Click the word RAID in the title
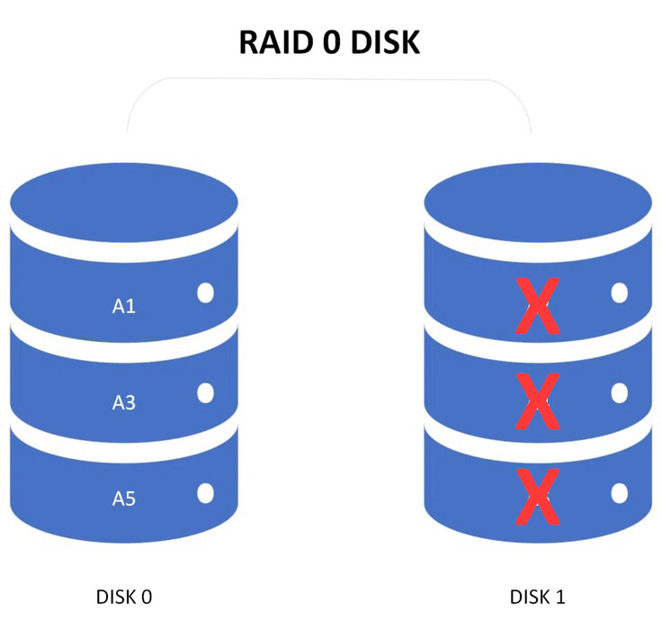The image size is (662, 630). pyautogui.click(x=276, y=42)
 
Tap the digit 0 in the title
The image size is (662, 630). pyautogui.click(x=331, y=42)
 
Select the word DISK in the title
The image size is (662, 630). pyautogui.click(x=386, y=42)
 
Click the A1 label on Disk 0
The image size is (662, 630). pyautogui.click(x=124, y=306)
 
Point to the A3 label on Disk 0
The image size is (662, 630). pyautogui.click(x=124, y=402)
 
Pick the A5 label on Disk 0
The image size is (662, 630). pyautogui.click(x=124, y=499)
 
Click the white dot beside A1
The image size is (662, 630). pyautogui.click(x=206, y=292)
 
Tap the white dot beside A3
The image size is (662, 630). pyautogui.click(x=206, y=393)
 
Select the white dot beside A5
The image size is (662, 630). pyautogui.click(x=206, y=493)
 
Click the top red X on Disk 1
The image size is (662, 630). pyautogui.click(x=538, y=305)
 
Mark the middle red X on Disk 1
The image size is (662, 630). pyautogui.click(x=538, y=401)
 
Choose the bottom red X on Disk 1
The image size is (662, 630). pyautogui.click(x=538, y=497)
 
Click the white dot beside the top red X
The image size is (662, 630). pyautogui.click(x=620, y=292)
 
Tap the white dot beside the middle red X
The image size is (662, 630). pyautogui.click(x=620, y=393)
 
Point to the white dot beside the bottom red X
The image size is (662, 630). pyautogui.click(x=620, y=493)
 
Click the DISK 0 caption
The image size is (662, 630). pyautogui.click(x=124, y=597)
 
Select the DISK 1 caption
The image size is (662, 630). pyautogui.click(x=538, y=597)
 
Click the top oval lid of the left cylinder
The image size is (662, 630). pyautogui.click(x=124, y=202)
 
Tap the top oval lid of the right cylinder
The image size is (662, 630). pyautogui.click(x=538, y=202)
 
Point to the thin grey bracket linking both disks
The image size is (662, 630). pyautogui.click(x=329, y=78)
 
